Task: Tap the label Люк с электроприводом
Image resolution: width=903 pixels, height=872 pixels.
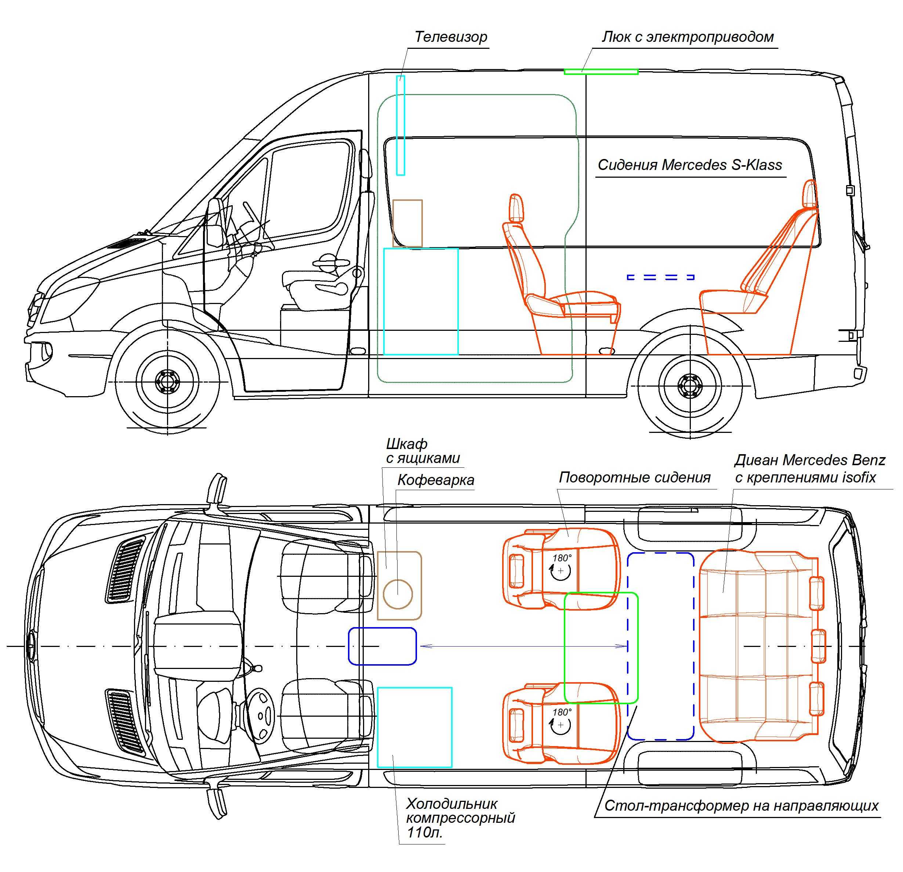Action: [688, 37]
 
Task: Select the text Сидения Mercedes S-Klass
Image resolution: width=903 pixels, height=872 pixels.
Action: [690, 164]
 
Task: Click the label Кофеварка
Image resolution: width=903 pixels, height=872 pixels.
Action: [435, 480]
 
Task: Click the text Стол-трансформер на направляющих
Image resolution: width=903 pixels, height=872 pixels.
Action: [741, 805]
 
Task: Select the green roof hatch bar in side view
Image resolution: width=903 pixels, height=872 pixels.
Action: [601, 72]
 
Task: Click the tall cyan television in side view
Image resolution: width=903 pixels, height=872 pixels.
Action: [400, 125]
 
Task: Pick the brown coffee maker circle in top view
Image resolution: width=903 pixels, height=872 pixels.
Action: [398, 594]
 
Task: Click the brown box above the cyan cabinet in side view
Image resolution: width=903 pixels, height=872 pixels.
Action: [407, 224]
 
